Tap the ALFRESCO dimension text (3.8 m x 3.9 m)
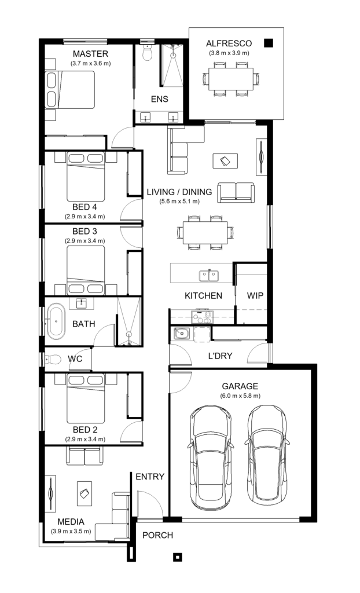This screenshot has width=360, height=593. coord(229,53)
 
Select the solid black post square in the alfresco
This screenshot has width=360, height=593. coord(268,42)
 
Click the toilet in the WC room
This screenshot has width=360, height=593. coord(52,358)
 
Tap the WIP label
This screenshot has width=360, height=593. coord(255,295)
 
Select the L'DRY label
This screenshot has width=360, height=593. coord(219,356)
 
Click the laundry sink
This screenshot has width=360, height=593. coord(181,334)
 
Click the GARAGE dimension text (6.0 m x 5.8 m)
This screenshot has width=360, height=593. coord(240,396)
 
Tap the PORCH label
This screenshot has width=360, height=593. coord(157,535)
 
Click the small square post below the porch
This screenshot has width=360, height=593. coord(178,557)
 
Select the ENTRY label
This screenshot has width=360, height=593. coord(149,477)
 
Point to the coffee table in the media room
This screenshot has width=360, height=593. coord(85,493)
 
